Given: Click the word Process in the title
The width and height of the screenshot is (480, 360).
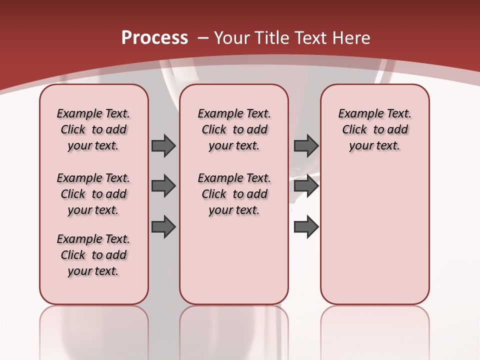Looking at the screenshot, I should coord(154,37).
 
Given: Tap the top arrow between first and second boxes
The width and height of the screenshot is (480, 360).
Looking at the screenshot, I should coord(163,145).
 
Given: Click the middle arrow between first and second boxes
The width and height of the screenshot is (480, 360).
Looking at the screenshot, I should coord(163,186).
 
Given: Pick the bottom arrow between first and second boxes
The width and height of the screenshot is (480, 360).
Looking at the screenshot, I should coord(163,227).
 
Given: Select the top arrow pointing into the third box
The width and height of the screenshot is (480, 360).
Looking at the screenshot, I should coord(306,145).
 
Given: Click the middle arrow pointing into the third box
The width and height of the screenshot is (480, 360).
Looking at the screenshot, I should coord(306,186).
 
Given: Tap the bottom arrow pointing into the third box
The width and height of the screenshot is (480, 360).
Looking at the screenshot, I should coord(306,227).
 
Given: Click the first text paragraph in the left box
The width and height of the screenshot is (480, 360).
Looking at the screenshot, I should coord(93,129).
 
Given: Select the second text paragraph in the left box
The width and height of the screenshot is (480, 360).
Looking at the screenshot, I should coord(93,194).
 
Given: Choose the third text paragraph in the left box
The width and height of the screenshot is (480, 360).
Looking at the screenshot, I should coord(93,255).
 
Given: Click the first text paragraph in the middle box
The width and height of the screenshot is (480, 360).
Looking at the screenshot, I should coord(234,129).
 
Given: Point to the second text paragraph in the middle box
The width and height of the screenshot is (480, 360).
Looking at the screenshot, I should coord(234,194).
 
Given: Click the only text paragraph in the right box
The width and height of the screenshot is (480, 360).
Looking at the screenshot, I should coord(374,129).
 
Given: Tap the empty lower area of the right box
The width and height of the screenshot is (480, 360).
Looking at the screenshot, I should coord(374,235).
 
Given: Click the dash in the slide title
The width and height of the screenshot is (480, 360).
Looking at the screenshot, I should coord(203,38).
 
